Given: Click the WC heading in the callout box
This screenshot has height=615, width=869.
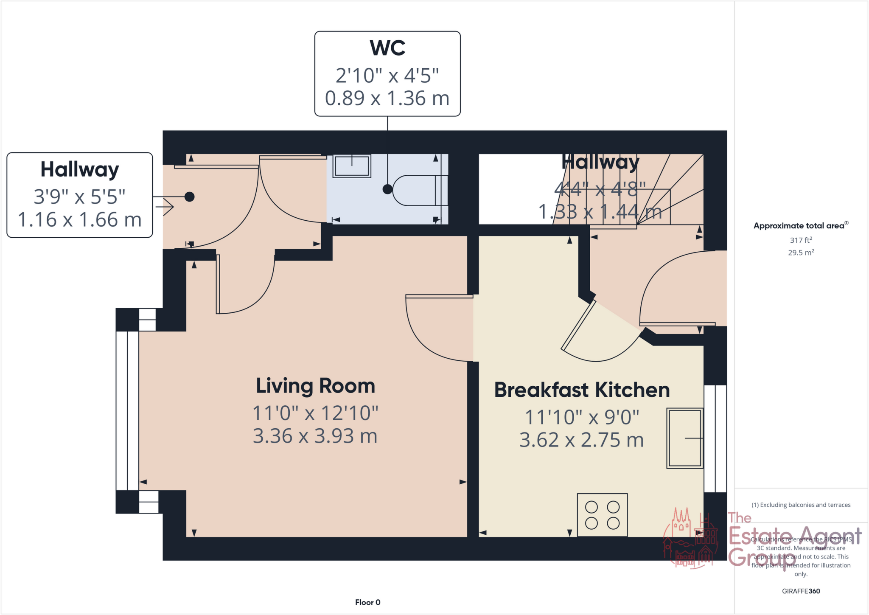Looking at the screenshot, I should click(387, 48).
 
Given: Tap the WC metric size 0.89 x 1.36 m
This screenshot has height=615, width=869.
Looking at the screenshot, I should click(387, 98).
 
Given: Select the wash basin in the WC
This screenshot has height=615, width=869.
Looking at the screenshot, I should click(352, 166).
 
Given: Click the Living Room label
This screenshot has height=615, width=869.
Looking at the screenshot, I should click(315, 386).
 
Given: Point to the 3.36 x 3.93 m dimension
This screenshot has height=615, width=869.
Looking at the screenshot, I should click(315, 436).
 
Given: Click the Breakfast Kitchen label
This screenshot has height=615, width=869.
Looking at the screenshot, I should click(582, 390).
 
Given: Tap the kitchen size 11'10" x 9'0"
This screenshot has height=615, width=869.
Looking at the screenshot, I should click(582, 418).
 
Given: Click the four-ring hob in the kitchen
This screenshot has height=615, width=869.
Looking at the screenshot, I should click(602, 514).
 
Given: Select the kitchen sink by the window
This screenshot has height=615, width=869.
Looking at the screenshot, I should click(684, 438).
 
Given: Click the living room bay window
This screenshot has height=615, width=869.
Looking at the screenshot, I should click(127, 410).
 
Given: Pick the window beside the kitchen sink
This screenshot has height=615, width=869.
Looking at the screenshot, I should click(715, 438).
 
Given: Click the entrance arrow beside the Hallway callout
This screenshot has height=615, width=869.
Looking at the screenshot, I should click(165, 207).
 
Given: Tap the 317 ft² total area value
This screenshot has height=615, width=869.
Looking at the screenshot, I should click(801, 240).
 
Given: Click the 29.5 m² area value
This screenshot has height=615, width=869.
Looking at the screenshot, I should click(801, 253).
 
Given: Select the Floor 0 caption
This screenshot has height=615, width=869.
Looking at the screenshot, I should click(367, 602).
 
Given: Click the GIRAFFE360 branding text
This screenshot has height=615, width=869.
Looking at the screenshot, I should click(801, 591).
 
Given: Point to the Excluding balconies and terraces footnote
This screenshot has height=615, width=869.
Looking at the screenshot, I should click(801, 505).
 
